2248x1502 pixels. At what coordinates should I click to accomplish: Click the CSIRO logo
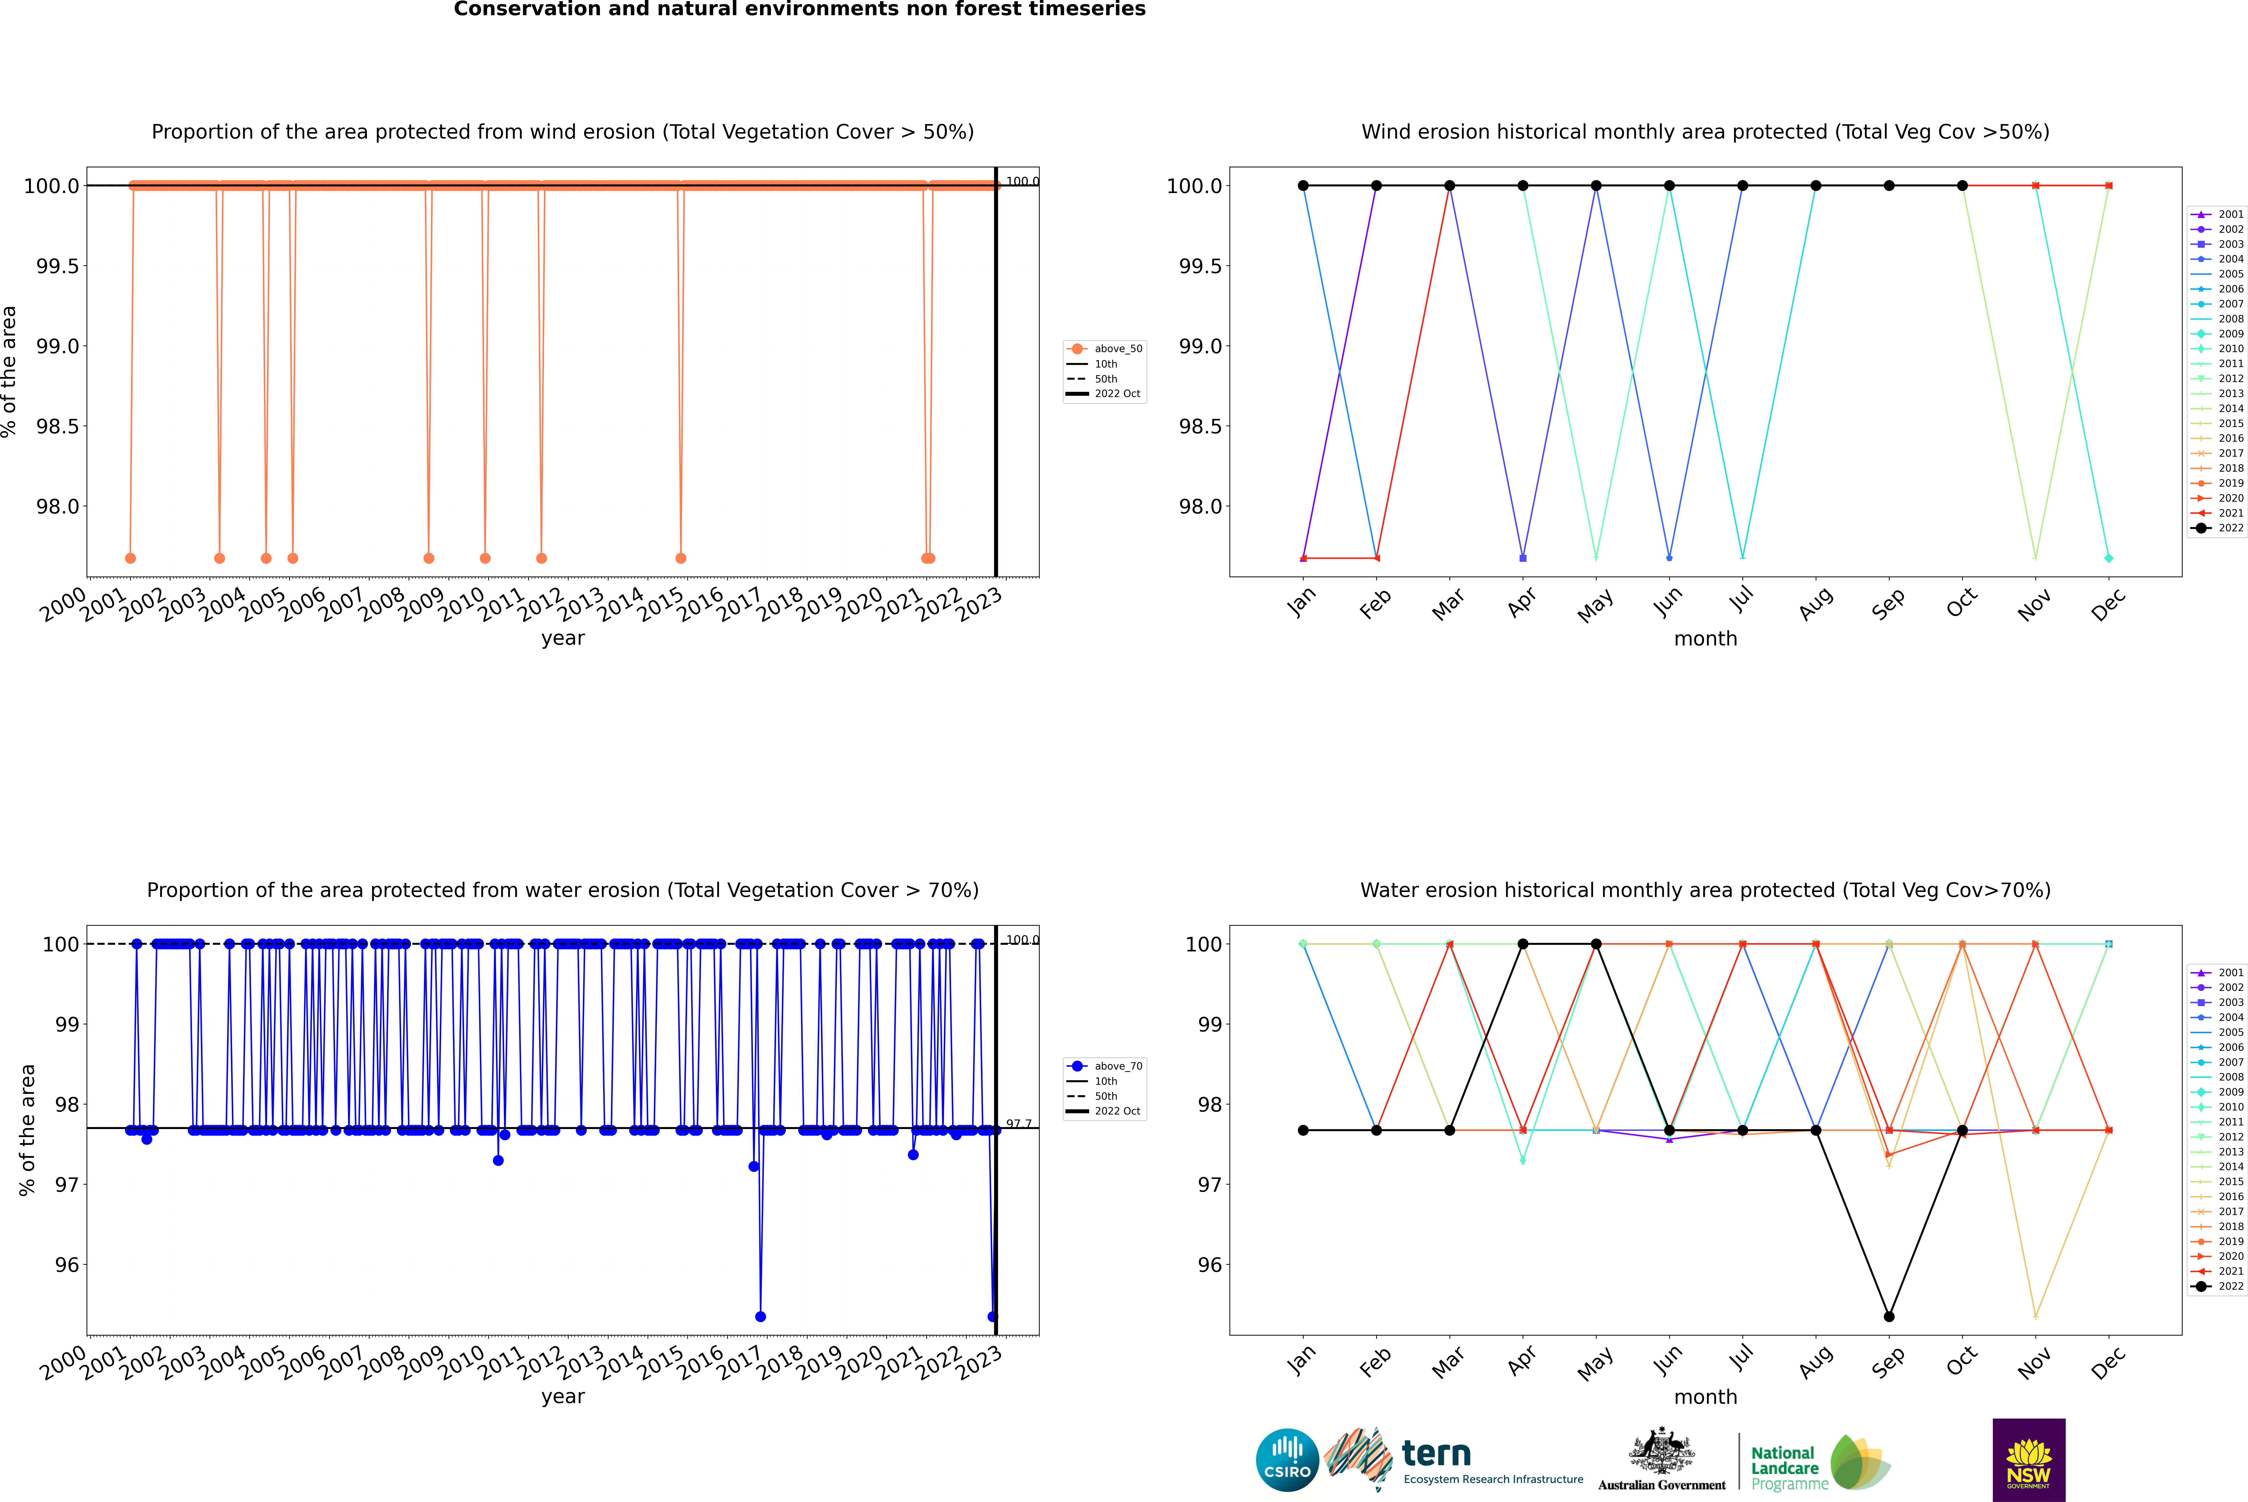coord(1287,1460)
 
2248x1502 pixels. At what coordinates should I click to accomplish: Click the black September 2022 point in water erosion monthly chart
coord(1889,1316)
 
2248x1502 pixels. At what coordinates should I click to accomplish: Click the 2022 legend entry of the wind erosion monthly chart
coord(2217,528)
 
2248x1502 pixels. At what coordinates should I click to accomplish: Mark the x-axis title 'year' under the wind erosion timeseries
coord(562,638)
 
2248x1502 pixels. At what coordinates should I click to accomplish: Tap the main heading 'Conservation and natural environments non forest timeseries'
coord(799,10)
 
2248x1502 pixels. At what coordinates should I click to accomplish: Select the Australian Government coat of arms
coord(1661,1451)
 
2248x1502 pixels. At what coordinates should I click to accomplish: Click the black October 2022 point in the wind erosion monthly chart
coord(1961,186)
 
